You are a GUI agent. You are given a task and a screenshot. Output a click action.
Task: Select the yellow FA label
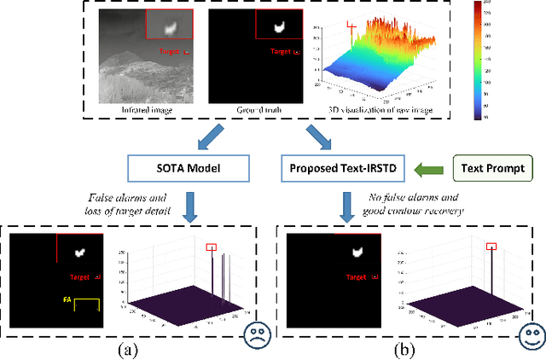pyautogui.click(x=67, y=300)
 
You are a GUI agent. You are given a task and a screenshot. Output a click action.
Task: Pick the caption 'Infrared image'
pyautogui.click(x=147, y=110)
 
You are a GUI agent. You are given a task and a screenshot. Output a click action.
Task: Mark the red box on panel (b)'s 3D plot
pyautogui.click(x=491, y=247)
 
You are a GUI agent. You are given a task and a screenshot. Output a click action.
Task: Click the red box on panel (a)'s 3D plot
pyautogui.click(x=211, y=247)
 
